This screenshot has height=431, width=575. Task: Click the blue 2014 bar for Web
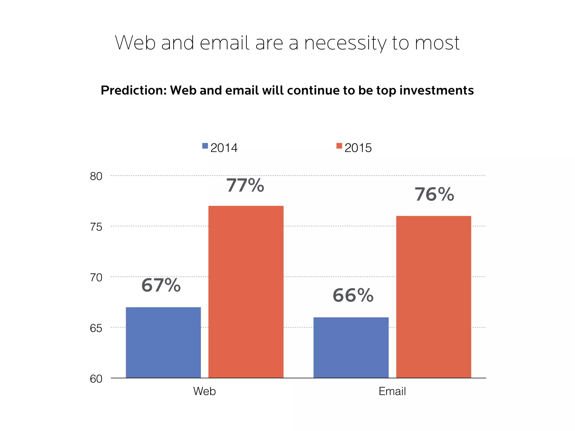coord(163,342)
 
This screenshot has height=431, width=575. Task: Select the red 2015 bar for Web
coord(246,292)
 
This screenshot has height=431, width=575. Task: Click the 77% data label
coord(245,185)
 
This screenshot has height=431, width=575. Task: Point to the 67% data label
coord(161,285)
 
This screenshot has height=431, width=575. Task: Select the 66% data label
coord(353,295)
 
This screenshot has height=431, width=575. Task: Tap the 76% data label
coord(434,194)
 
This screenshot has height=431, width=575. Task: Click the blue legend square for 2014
coord(205,146)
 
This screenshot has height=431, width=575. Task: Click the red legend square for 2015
coord(339,146)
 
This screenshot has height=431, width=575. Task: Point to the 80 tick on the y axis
coord(96,176)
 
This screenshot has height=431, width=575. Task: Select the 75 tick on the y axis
coord(96,227)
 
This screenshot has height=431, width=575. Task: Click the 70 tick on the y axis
coord(96,278)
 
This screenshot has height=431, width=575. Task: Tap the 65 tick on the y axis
coord(96,328)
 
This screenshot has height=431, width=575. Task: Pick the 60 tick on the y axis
coord(96,379)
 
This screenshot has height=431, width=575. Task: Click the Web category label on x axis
coord(204,391)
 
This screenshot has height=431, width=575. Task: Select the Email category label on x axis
coord(392,391)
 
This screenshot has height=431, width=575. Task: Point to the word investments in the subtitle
coord(436,91)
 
